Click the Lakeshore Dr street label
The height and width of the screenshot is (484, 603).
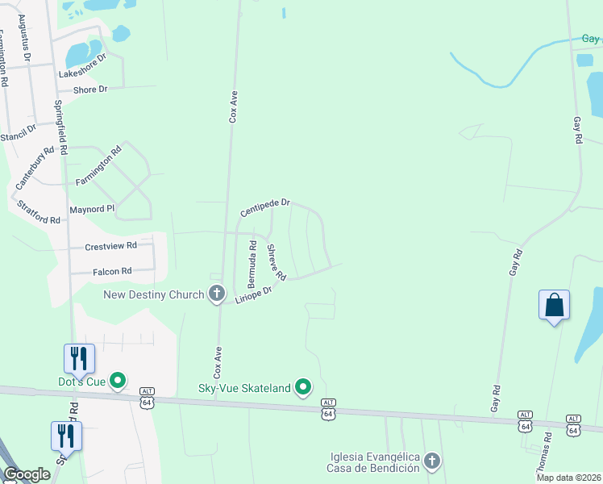pos(82,68)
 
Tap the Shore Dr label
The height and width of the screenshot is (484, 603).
pos(90,90)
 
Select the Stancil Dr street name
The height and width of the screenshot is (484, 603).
pos(19,134)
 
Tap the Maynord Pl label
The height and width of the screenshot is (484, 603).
pos(93,208)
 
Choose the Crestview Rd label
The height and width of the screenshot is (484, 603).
pos(111,245)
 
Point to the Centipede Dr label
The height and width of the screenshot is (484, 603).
pos(265,209)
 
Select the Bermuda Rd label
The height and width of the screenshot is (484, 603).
pos(252,265)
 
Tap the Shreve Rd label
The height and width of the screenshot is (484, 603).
pos(277,263)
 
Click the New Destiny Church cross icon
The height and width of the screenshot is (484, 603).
pos(217,294)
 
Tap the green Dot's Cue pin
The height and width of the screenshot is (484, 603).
pos(119,380)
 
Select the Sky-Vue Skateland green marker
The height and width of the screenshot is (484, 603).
pos(303,388)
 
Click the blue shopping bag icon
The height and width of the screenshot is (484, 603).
pos(554,305)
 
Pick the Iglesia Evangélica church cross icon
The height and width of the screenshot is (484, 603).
pos(432,461)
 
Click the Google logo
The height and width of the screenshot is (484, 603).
pos(27,474)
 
